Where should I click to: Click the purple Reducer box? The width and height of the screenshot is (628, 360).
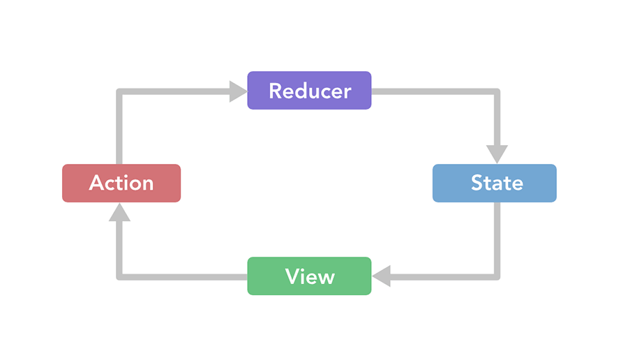[309, 91]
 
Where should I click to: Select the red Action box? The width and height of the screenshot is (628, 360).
[121, 183]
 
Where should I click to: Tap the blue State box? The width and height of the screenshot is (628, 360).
[495, 183]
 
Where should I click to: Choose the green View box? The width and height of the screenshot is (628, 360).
[309, 276]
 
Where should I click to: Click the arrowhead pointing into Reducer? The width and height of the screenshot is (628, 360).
[238, 91]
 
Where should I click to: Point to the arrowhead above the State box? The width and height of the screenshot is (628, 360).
[497, 154]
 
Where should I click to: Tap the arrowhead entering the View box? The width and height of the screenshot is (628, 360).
[381, 276]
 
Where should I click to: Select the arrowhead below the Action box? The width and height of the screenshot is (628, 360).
[119, 212]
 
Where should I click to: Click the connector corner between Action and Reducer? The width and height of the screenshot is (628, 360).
[119, 91]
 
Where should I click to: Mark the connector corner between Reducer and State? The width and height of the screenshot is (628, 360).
[497, 91]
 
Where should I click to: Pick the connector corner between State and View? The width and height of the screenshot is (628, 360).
[497, 277]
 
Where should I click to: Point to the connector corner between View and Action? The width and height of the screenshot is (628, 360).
[119, 277]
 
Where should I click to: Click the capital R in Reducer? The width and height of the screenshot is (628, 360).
[276, 91]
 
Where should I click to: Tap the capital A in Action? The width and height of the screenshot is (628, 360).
[96, 183]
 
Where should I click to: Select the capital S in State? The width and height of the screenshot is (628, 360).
[478, 183]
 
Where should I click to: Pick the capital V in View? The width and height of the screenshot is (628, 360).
[293, 276]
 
